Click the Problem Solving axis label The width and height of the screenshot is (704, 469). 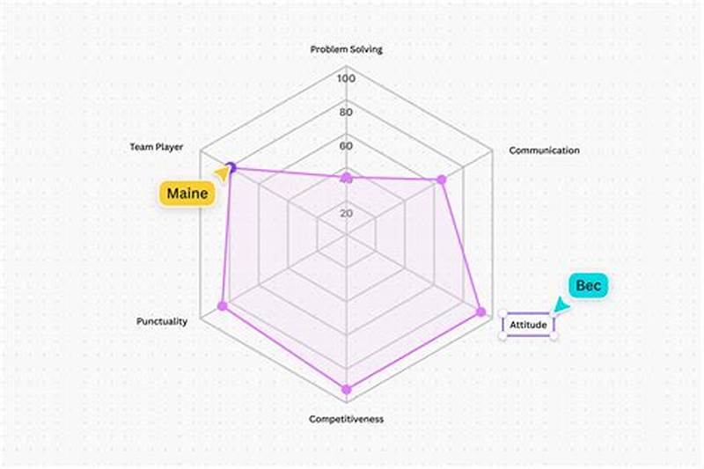[346, 49]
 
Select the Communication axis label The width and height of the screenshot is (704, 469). [544, 150]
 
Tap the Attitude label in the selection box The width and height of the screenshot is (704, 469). [529, 326]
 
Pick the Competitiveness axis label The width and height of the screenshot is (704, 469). [346, 419]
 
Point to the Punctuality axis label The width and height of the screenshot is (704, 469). [161, 321]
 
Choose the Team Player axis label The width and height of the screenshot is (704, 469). [157, 148]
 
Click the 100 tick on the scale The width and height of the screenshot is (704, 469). [346, 78]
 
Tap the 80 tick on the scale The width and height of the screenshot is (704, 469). [346, 113]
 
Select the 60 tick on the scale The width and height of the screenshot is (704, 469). [346, 146]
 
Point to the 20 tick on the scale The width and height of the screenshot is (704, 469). [346, 213]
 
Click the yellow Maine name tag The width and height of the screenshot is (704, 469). [187, 194]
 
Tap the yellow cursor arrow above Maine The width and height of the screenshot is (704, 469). [222, 174]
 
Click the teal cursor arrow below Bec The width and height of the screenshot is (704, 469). [559, 304]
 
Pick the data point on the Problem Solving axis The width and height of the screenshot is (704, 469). [346, 179]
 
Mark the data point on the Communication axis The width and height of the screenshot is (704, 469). [442, 180]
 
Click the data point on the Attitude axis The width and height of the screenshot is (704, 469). [481, 311]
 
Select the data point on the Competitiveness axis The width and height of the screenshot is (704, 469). [346, 388]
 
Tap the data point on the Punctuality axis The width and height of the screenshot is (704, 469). [222, 305]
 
